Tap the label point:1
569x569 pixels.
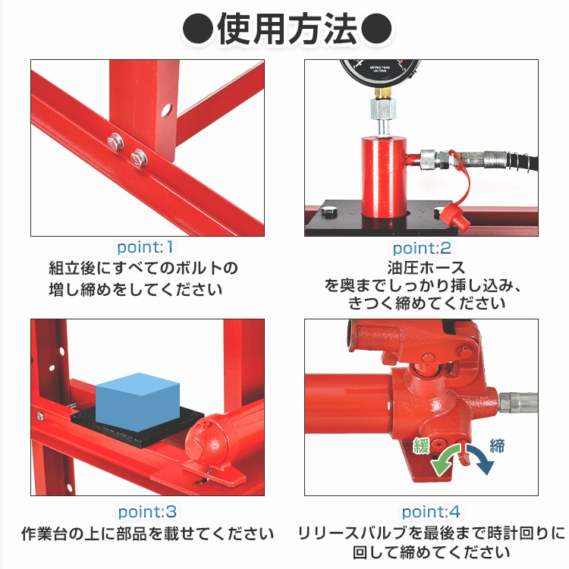[146, 247]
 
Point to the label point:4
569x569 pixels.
[430, 512]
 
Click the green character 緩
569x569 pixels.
[421, 445]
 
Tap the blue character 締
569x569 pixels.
[497, 445]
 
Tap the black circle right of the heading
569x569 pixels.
[375, 30]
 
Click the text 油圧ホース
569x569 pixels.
[425, 268]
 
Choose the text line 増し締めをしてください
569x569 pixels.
[137, 289]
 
